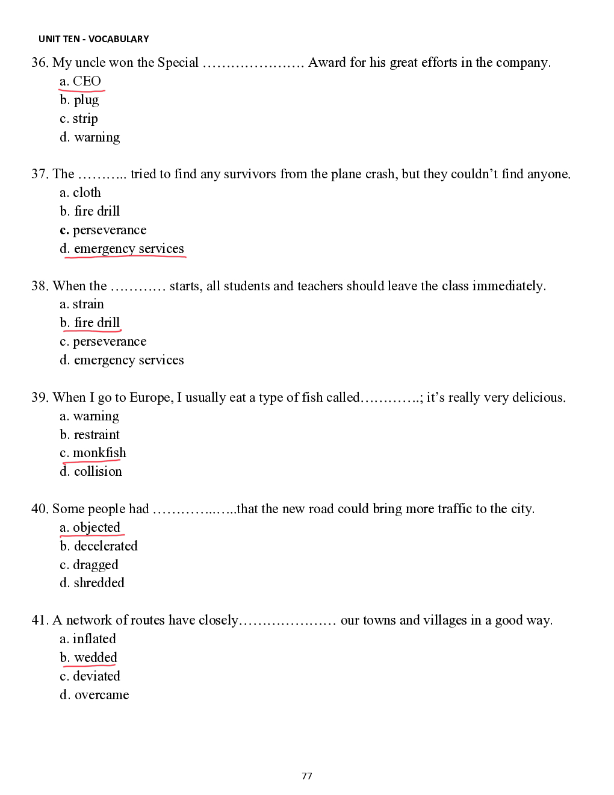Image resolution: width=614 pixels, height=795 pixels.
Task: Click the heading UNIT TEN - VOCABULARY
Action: tap(93, 39)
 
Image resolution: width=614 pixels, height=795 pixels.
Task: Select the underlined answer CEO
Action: tap(87, 81)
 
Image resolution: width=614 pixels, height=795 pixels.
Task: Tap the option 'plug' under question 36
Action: tap(86, 100)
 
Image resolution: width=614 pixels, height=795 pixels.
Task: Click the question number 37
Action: tap(39, 174)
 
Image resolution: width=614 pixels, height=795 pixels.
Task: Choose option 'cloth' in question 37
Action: tap(87, 193)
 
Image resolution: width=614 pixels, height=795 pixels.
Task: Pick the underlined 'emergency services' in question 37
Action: tap(129, 249)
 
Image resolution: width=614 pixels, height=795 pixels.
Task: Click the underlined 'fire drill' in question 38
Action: tap(97, 323)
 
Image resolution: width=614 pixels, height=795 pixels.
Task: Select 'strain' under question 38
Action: tap(88, 304)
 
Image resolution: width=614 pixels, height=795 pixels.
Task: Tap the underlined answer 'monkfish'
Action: tap(99, 453)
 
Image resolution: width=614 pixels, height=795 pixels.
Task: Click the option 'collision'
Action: tap(98, 472)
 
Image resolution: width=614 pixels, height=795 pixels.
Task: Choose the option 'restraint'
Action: tap(96, 435)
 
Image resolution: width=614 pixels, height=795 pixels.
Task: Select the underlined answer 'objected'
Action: tap(96, 528)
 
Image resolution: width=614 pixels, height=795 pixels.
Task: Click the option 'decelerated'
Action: tap(105, 546)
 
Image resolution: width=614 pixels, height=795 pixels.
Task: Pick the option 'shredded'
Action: tap(99, 583)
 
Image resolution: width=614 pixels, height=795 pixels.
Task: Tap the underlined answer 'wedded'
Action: tap(95, 658)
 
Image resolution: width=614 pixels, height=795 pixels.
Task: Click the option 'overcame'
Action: tap(101, 695)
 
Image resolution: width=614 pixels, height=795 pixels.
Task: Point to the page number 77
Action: tap(307, 776)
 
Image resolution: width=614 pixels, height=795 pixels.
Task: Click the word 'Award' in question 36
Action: tap(327, 63)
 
